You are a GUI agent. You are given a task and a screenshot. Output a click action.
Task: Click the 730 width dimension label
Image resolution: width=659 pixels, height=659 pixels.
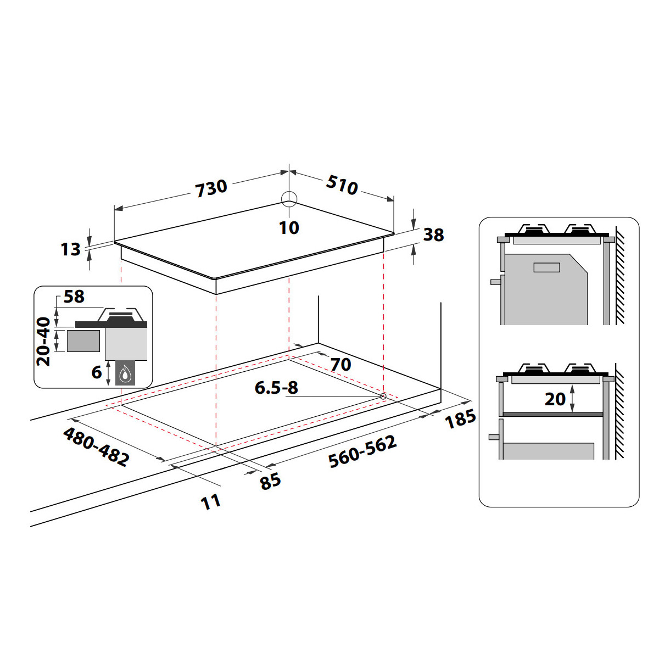[211, 188]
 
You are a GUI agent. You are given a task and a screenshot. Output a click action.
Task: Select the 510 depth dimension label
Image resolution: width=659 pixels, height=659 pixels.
[342, 185]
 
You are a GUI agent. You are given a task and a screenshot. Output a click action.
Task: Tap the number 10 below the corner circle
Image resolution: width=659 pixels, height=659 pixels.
[289, 227]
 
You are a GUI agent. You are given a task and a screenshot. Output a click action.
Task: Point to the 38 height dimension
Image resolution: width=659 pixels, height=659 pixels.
[434, 235]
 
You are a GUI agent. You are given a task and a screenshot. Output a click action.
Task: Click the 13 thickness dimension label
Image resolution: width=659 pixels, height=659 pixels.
[70, 249]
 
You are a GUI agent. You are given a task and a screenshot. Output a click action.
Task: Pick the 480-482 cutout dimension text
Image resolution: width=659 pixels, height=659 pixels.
[97, 447]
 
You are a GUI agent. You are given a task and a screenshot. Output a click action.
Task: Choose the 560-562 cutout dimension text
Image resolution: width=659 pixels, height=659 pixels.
[362, 451]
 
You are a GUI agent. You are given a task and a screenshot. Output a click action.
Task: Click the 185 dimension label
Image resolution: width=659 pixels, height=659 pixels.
[460, 418]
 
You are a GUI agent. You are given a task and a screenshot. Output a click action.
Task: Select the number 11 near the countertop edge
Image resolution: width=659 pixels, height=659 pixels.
[210, 502]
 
